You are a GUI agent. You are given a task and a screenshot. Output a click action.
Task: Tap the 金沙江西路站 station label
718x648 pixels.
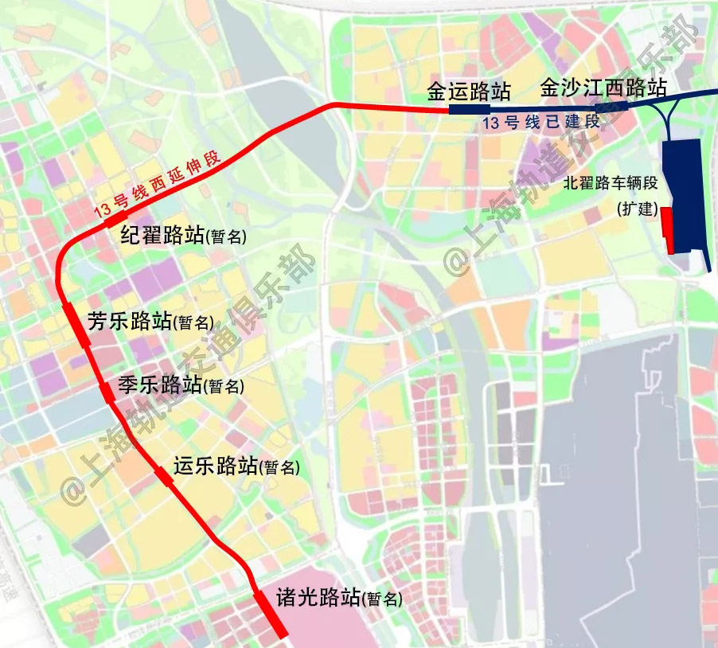pos(603,88)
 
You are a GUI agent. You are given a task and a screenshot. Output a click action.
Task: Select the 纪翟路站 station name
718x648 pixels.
pos(162,236)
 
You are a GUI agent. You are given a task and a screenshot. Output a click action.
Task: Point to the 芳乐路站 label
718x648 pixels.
pos(130,321)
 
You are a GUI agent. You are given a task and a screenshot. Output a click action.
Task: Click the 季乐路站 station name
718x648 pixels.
pos(159,385)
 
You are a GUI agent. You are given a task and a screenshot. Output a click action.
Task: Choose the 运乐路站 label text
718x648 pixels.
pos(215,466)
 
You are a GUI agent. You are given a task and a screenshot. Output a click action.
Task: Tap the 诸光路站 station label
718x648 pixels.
pos(318,598)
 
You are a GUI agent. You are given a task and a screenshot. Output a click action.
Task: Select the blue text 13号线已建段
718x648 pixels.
pos(541,123)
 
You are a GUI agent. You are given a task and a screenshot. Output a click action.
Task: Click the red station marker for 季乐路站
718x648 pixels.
pos(106,391)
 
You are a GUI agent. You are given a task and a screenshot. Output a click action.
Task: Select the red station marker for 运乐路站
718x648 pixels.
pos(162,475)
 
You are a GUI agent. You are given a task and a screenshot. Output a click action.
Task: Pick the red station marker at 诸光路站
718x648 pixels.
pos(271,614)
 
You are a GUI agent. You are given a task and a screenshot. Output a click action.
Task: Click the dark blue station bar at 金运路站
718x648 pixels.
pos(469,110)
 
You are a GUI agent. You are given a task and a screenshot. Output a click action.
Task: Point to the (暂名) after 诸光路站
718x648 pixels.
pos(382,600)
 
